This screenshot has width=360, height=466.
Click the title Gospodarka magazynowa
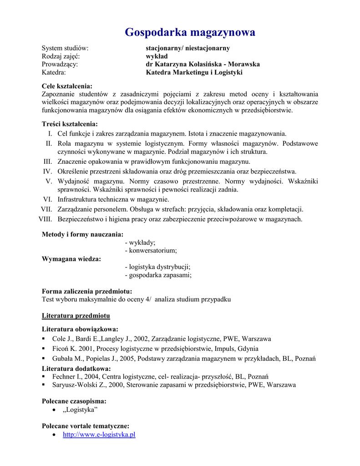[x=190, y=32]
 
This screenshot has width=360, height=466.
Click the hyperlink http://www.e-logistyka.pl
[x=99, y=435]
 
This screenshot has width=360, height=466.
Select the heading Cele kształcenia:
[x=67, y=86]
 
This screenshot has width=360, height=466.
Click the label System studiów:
[x=65, y=48]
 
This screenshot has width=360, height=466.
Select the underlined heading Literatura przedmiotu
[x=76, y=315]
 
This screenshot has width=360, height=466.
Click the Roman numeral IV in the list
[x=48, y=172]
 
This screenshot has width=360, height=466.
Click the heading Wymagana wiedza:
[x=71, y=259]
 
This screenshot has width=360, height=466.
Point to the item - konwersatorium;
[x=151, y=251]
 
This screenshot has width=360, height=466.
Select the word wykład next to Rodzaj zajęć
[x=157, y=56]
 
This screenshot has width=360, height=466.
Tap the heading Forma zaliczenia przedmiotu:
[x=87, y=291]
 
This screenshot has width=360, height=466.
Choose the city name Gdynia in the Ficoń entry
[x=249, y=349]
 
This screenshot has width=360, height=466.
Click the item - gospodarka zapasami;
[x=158, y=275]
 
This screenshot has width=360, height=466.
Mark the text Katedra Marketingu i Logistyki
[x=194, y=72]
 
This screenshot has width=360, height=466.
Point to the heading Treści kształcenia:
[x=70, y=124]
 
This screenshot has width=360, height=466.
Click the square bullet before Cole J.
[x=43, y=339]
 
